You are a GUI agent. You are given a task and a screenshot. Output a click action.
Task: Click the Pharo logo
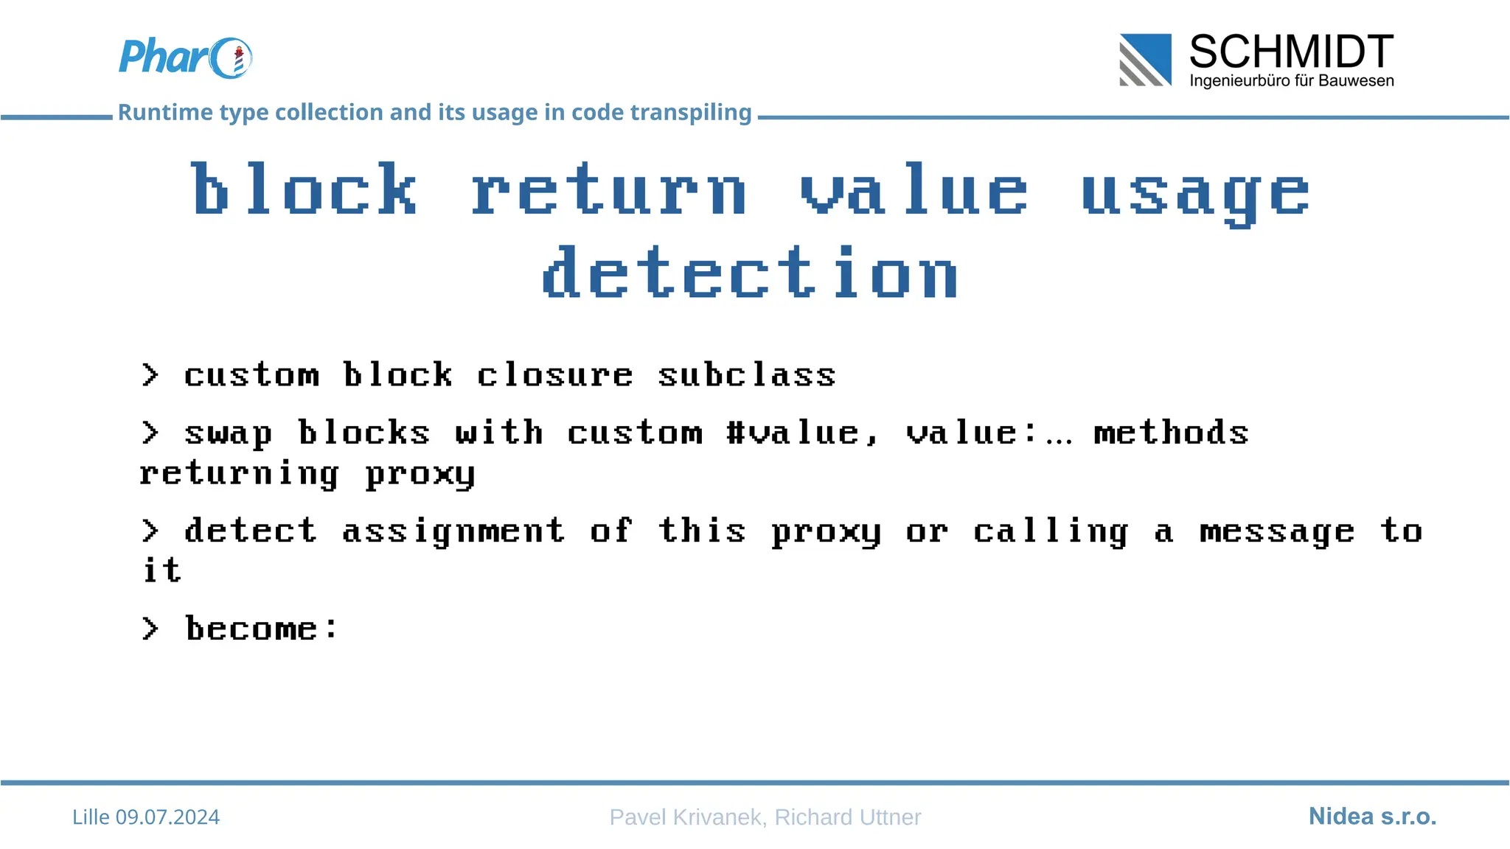click(x=184, y=57)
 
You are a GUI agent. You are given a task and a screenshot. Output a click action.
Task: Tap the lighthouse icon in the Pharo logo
click(x=238, y=60)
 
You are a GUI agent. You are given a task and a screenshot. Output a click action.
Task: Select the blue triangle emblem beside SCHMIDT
click(x=1146, y=60)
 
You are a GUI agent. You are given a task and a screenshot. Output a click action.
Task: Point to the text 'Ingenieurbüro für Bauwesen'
click(x=1291, y=81)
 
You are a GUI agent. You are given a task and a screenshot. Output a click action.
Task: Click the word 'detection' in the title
click(x=750, y=274)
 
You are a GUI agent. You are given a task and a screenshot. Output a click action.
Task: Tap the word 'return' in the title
click(x=609, y=190)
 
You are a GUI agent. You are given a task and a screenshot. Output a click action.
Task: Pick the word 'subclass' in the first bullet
click(x=746, y=375)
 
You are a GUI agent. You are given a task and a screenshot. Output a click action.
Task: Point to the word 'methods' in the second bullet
click(x=1171, y=433)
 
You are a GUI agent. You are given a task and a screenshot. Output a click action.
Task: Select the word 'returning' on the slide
click(x=240, y=473)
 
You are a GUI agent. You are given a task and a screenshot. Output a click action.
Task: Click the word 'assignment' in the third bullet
click(x=453, y=531)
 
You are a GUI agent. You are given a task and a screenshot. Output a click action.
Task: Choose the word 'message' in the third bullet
click(x=1277, y=531)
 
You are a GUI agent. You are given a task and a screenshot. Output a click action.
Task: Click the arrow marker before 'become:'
click(x=150, y=629)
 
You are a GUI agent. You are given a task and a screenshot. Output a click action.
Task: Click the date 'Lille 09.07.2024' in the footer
click(x=146, y=817)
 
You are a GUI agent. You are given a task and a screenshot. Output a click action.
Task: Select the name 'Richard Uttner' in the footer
click(x=847, y=817)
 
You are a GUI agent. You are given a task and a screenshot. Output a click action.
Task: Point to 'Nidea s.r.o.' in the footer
click(x=1372, y=816)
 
